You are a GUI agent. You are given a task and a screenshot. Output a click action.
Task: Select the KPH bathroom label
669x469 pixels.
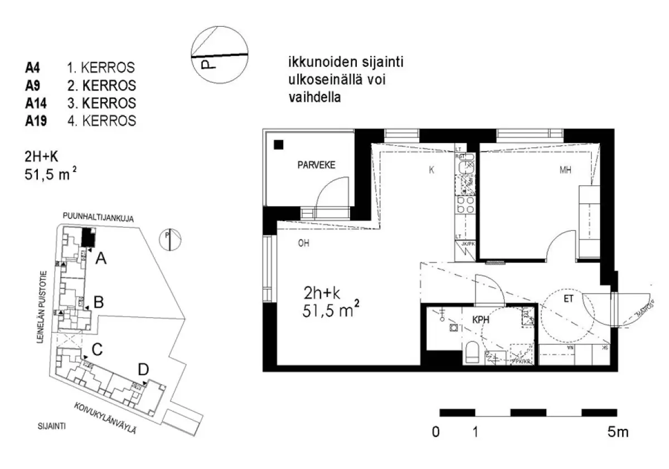(481, 322)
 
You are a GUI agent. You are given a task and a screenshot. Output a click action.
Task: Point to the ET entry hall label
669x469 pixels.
(568, 299)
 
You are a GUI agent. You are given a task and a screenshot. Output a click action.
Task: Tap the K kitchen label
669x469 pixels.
(432, 170)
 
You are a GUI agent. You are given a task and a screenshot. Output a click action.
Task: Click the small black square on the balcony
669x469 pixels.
(279, 145)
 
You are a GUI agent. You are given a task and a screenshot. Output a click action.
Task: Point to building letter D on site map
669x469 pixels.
(143, 369)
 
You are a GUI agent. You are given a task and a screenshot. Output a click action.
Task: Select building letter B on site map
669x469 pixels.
(99, 303)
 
